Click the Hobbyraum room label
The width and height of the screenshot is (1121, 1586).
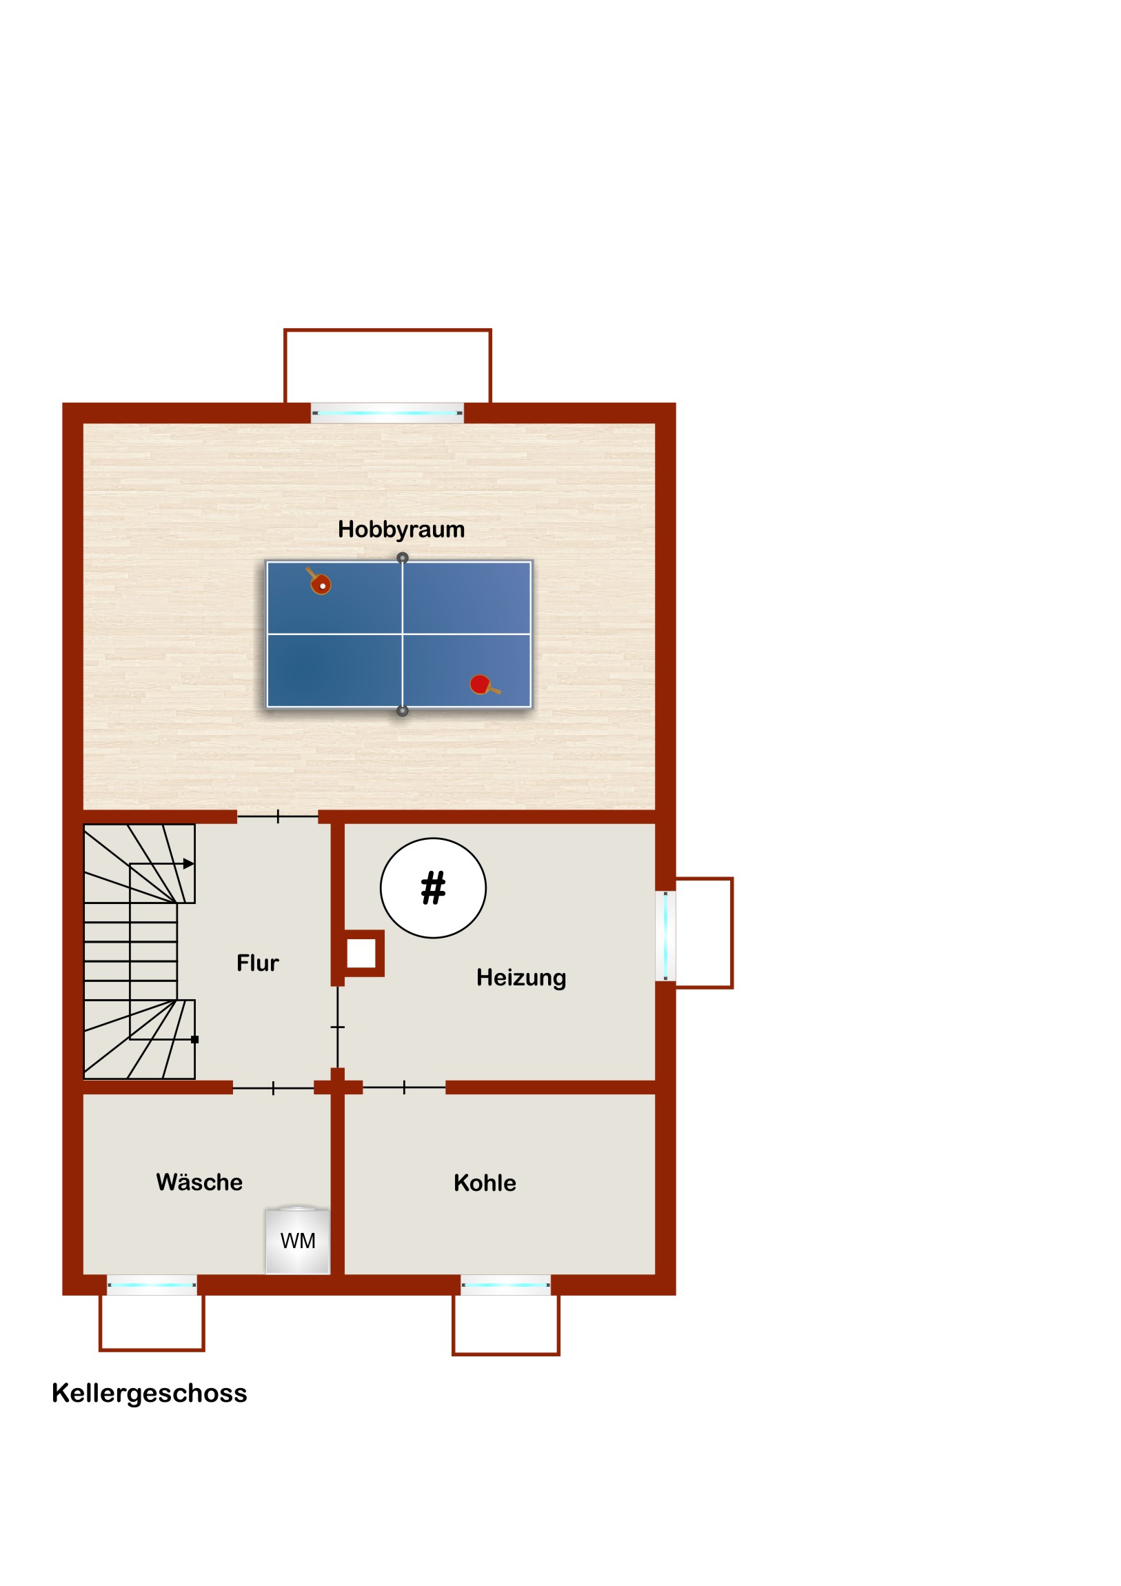(401, 529)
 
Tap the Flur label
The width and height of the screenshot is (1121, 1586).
(258, 962)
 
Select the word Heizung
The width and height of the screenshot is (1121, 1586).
(521, 977)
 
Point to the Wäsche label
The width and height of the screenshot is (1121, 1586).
(199, 1182)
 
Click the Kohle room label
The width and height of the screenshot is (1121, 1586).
(485, 1183)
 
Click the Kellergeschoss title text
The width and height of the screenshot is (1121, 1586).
(149, 1394)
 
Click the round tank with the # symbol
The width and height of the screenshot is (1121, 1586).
(433, 887)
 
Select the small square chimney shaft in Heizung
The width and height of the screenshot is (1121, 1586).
(361, 953)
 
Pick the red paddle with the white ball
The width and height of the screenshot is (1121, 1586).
(319, 582)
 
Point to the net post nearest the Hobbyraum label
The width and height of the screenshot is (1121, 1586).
(403, 557)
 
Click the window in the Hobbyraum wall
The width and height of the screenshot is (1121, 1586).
(387, 413)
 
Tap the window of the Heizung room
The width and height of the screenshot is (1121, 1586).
(665, 935)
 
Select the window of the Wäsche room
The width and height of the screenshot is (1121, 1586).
(152, 1285)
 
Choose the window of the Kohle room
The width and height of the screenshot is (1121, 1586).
(505, 1285)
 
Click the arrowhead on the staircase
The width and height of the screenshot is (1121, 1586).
(189, 863)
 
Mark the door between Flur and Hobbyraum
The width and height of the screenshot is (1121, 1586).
(278, 816)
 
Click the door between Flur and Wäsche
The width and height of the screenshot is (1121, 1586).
(274, 1089)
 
